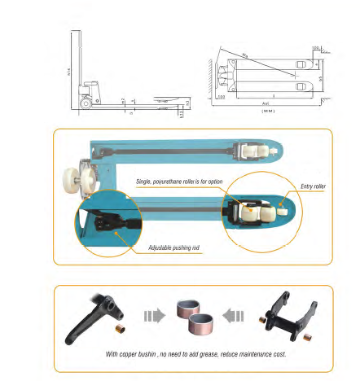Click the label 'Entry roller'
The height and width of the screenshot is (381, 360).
tap(313, 186)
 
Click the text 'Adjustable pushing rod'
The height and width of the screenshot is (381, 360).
tap(174, 247)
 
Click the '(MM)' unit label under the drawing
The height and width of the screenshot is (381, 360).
tap(268, 111)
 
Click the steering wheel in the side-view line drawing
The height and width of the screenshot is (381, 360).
tap(85, 103)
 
